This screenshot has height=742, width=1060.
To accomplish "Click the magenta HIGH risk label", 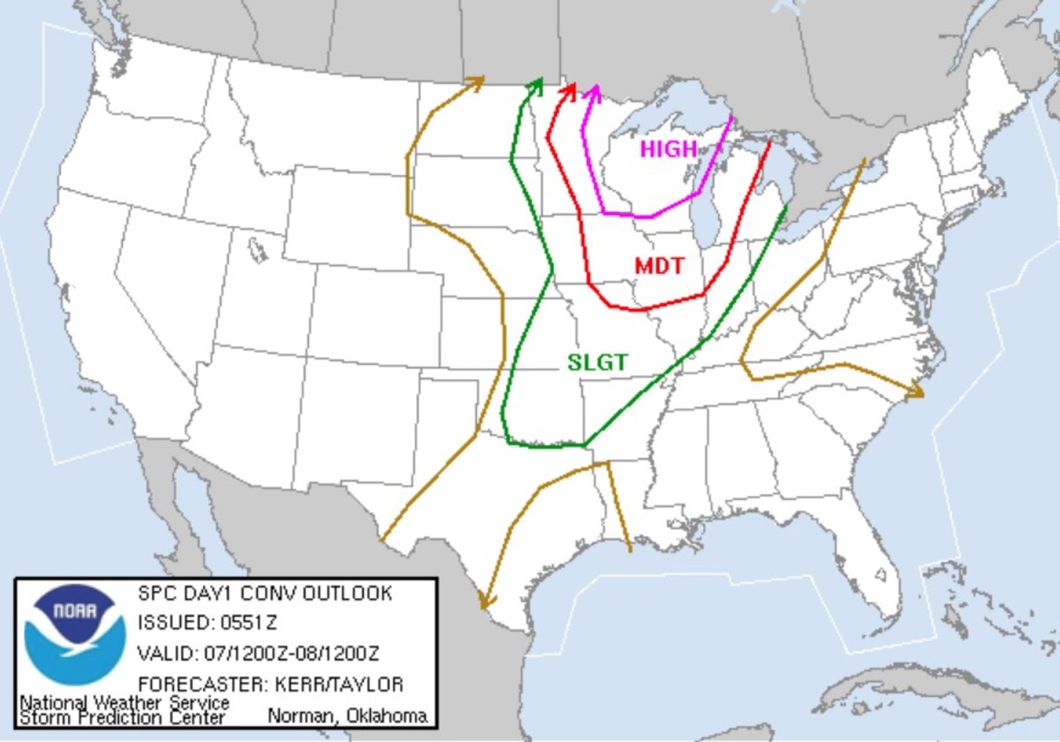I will coord(669,149).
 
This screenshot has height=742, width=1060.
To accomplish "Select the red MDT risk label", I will coord(659,265).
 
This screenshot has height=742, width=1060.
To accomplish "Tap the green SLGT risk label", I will coord(597,362).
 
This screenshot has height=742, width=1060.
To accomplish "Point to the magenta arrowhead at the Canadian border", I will coord(594,91).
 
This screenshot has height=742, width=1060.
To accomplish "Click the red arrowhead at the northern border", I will coord(570,90).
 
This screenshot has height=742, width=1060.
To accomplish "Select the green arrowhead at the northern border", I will coord(535,84).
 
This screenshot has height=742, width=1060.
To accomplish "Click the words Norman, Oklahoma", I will coord(346,715).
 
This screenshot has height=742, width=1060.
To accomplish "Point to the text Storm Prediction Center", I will coord(122,717).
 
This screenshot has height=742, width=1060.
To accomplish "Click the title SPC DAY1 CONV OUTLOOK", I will coord(264,594).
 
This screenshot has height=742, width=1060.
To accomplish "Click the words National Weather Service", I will coord(124,703).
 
